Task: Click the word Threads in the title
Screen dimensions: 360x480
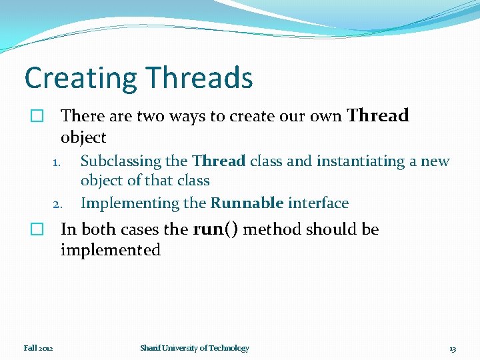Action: point(195,78)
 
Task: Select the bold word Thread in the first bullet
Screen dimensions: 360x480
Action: point(378,116)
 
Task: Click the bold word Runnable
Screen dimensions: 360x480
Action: point(247,203)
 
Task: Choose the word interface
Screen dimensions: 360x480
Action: point(318,203)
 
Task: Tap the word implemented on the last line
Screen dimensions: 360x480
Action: point(111,251)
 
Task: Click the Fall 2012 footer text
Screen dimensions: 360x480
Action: point(39,348)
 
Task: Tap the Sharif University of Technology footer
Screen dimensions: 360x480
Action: point(195,348)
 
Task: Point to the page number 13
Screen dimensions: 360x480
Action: point(453,349)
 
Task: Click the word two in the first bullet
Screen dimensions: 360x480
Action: point(151,117)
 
